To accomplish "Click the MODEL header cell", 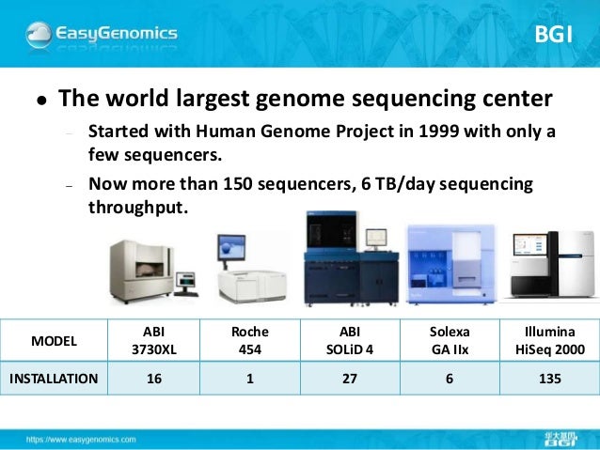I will coord(55,340).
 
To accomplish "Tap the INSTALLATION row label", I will coord(55,380).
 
